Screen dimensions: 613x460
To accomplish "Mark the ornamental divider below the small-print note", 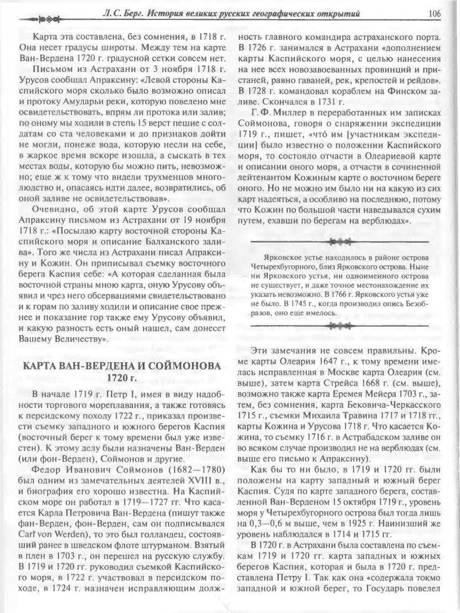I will [339, 325].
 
